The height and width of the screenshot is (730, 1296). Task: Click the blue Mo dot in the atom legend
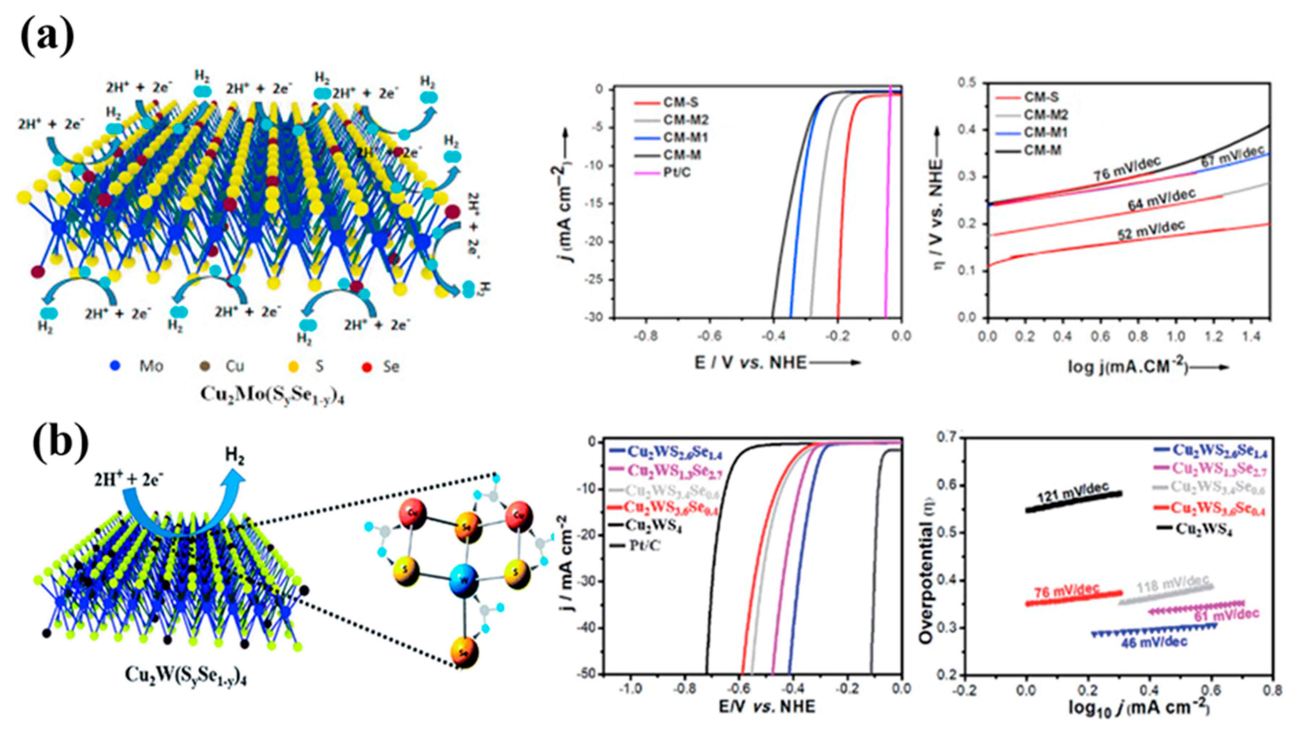[116, 366]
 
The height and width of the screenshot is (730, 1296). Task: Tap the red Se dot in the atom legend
[367, 367]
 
